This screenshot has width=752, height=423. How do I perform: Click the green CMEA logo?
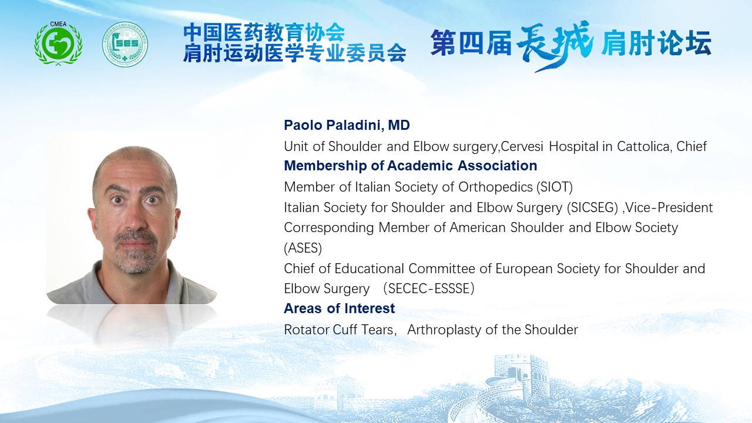[x=58, y=43]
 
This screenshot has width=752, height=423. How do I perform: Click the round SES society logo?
[x=125, y=44]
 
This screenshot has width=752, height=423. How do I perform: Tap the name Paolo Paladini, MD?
[x=347, y=125]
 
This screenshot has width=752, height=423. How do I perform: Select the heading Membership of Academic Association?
[x=411, y=166]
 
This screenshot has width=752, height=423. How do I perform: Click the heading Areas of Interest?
[x=340, y=308]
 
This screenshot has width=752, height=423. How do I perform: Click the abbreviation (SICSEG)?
[x=593, y=207]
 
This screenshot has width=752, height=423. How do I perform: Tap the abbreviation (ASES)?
[x=303, y=249]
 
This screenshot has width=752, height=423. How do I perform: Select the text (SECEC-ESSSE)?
[x=429, y=288]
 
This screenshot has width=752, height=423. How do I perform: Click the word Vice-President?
[x=669, y=207]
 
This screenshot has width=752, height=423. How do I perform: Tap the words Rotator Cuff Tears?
[x=339, y=330]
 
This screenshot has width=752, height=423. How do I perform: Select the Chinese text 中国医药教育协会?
[x=264, y=32]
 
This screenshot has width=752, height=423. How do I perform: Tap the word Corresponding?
[x=329, y=228]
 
